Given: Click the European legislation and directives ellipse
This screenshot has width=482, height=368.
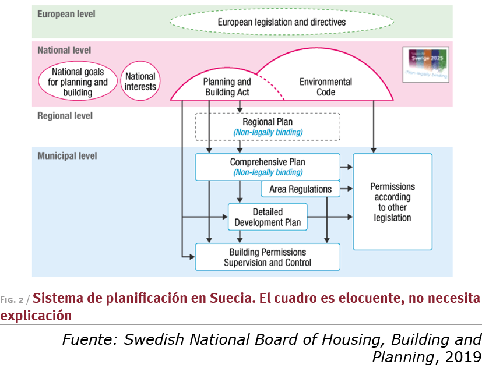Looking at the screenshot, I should click(282, 22).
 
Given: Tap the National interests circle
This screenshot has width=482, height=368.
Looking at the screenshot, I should click(140, 82).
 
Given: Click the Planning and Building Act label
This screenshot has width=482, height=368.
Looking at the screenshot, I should click(227, 87).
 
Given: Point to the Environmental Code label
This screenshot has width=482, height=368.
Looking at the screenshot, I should click(325, 87).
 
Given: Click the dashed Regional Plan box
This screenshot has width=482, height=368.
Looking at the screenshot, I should click(267, 126).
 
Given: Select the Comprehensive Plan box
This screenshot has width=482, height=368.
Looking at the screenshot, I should click(267, 167).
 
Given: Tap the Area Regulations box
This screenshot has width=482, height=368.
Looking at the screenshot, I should click(300, 189).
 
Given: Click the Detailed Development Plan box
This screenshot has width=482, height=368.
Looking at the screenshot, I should click(268, 217).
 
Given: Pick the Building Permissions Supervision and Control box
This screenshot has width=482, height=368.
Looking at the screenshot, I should click(267, 257).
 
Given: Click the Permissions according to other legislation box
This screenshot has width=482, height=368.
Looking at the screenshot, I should click(392, 201).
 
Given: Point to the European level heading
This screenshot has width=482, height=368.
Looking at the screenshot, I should click(66, 13).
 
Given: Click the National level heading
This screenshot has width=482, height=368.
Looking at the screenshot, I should click(64, 50).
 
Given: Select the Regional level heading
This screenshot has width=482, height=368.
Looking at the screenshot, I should click(65, 116).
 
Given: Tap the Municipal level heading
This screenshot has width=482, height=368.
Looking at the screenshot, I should click(67, 156).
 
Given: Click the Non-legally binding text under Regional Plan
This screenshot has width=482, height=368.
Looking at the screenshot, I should click(268, 132).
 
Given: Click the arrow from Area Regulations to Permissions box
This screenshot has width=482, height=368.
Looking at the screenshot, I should click(347, 189).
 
